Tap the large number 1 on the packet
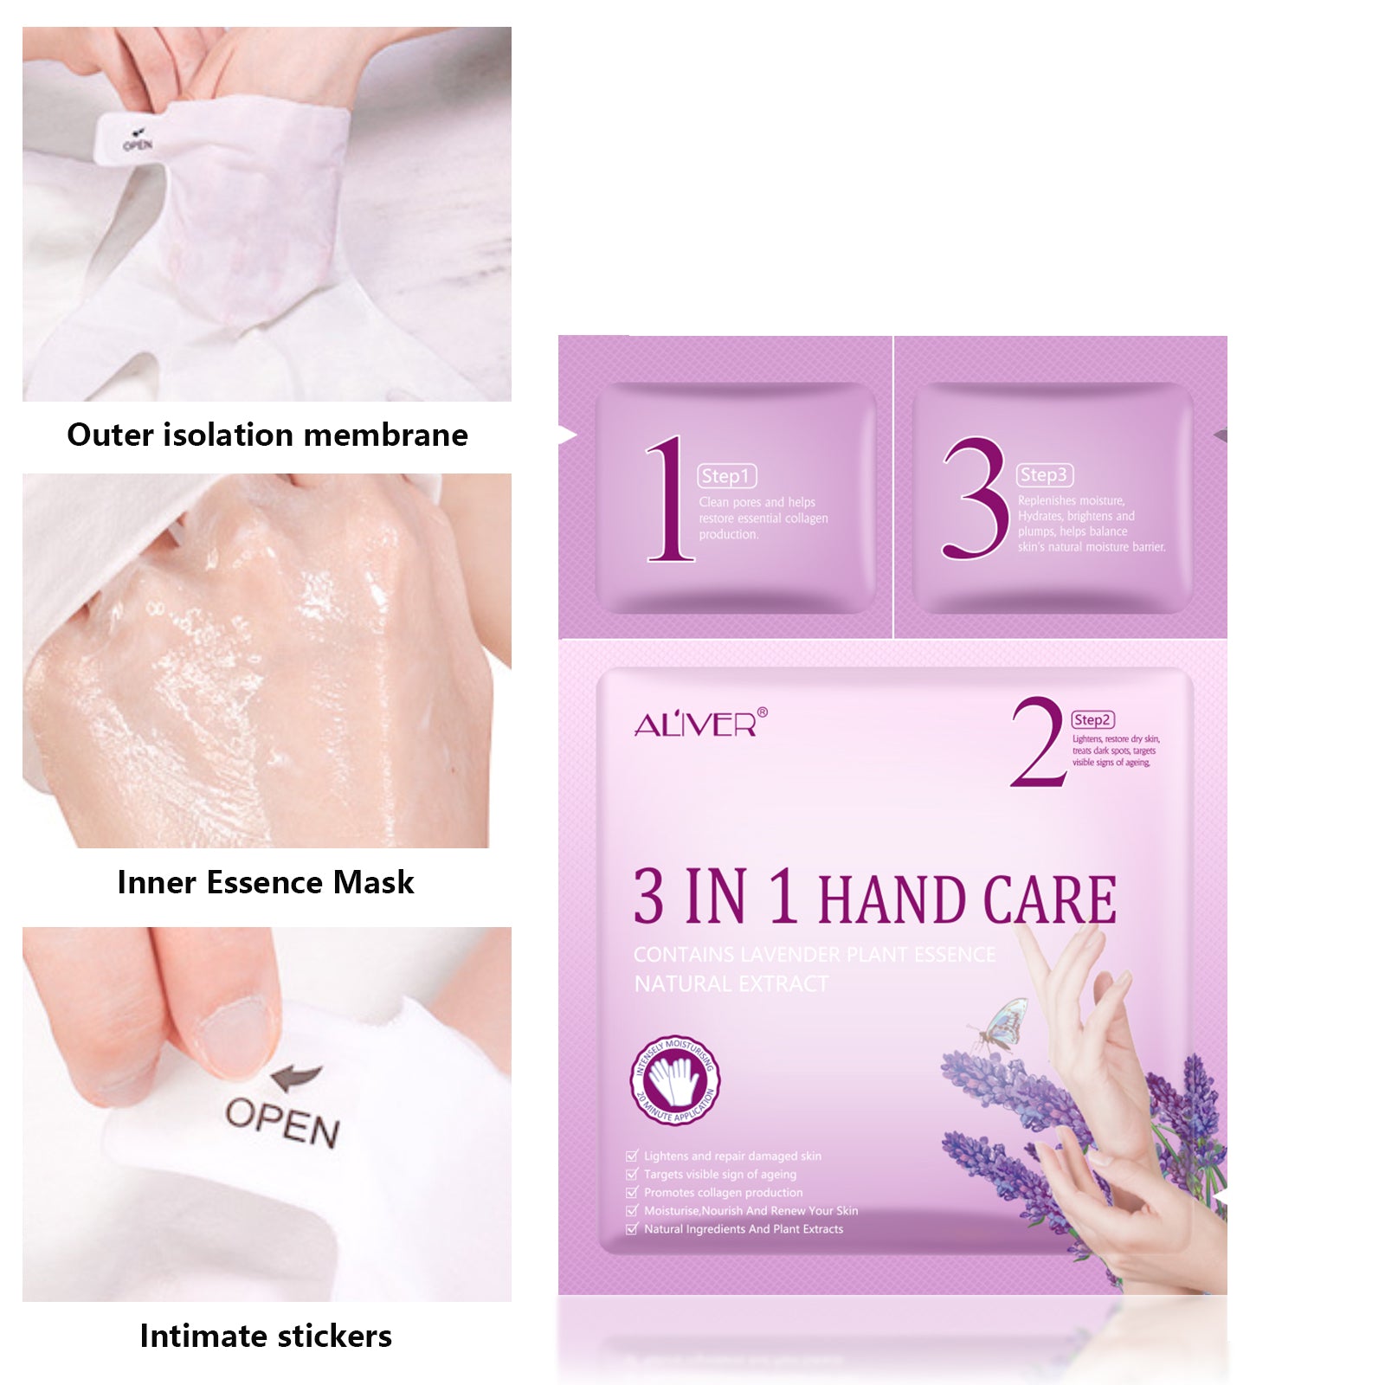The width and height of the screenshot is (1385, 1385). [668, 499]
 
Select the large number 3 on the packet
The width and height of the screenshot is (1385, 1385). [975, 498]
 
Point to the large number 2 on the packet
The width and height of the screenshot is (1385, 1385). [1038, 743]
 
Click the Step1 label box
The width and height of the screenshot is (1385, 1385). [726, 476]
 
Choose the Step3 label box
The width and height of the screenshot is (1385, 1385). [1044, 475]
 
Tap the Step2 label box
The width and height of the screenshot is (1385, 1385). [1092, 720]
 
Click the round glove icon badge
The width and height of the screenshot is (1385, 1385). [675, 1080]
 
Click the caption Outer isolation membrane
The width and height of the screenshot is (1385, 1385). [267, 435]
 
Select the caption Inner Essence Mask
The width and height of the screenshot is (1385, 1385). [265, 882]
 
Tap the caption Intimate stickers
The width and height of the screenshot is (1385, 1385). [265, 1336]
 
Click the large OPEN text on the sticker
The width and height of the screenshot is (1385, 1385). [282, 1123]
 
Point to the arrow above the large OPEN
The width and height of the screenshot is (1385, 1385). [296, 1078]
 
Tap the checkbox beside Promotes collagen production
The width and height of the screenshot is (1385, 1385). [632, 1193]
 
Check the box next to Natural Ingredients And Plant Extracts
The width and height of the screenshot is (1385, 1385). [632, 1229]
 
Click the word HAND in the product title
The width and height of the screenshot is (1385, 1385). [892, 900]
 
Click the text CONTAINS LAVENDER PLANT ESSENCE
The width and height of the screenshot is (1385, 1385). [814, 955]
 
